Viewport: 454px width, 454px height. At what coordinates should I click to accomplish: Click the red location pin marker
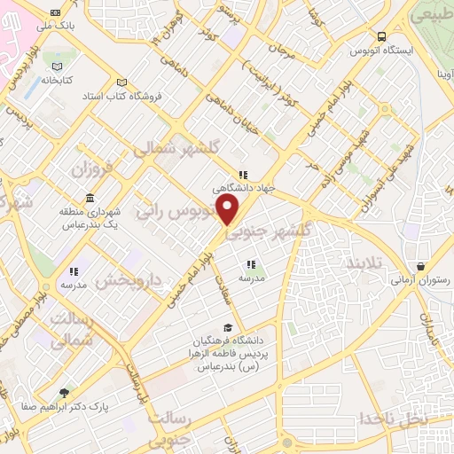229,209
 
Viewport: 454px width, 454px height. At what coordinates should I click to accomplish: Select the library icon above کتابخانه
58,67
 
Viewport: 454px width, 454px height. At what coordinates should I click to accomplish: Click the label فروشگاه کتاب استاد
121,93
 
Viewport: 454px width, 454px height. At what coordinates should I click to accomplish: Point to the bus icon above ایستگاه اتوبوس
382,36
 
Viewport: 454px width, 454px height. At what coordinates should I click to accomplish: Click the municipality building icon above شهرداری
91,199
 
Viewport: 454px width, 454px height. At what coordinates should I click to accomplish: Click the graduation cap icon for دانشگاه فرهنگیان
229,328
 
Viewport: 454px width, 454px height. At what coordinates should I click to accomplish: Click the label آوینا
438,74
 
